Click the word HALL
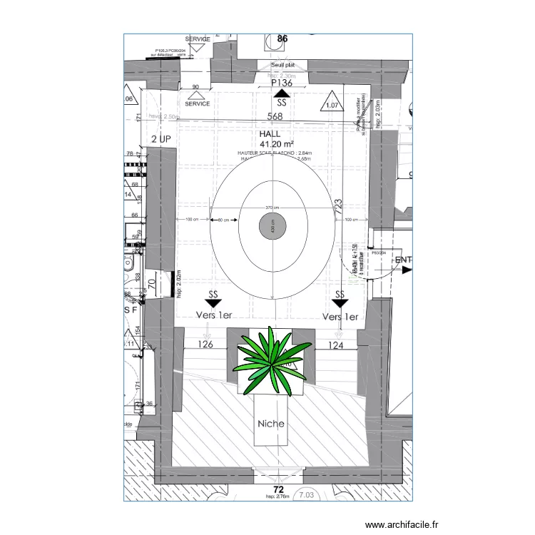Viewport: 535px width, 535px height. (270, 133)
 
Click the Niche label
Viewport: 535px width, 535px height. (271, 423)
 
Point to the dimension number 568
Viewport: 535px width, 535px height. (275, 116)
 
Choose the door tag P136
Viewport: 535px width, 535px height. (282, 83)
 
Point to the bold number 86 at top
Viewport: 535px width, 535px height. (282, 38)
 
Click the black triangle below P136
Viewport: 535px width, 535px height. (282, 93)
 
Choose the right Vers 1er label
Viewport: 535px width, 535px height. (340, 316)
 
